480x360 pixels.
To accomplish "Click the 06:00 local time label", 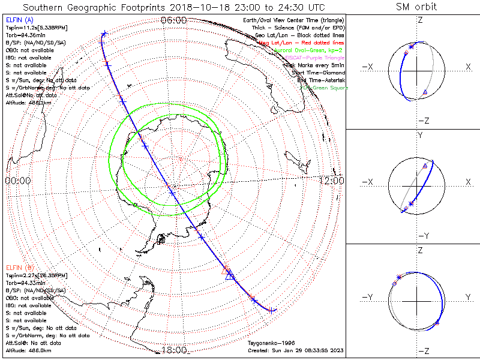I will coord(174,20).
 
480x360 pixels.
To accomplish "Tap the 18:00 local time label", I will coord(174,350).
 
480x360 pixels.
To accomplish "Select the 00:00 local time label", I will coord(18,181).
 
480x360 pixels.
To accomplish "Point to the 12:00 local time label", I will coord(331,181).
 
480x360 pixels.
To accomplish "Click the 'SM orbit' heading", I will coord(416,7).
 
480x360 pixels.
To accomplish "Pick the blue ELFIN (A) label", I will coord(22,20).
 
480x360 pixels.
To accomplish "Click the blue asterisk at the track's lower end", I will coord(272,310).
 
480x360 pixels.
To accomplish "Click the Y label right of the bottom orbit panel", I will coord(467,297).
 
